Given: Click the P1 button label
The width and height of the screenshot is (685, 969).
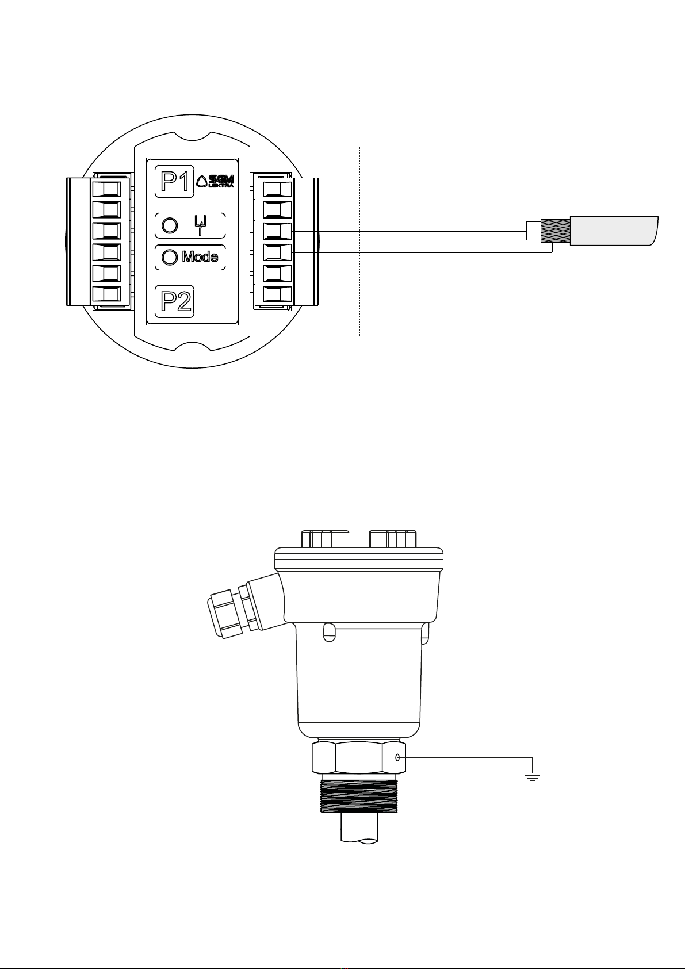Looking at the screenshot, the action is [x=174, y=181].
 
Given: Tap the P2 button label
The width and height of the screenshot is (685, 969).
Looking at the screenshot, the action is [x=174, y=301].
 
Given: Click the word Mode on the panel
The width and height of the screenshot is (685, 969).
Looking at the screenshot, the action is [x=200, y=257].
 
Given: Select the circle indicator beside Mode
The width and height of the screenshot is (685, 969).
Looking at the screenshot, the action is [x=170, y=258].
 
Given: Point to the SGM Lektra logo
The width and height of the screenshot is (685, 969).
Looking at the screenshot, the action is [x=215, y=181].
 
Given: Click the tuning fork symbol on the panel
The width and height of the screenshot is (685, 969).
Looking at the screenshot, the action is [x=200, y=225].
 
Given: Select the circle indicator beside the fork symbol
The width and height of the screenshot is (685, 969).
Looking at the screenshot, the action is [x=170, y=225].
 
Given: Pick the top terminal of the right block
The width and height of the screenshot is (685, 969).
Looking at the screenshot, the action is [x=278, y=189].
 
